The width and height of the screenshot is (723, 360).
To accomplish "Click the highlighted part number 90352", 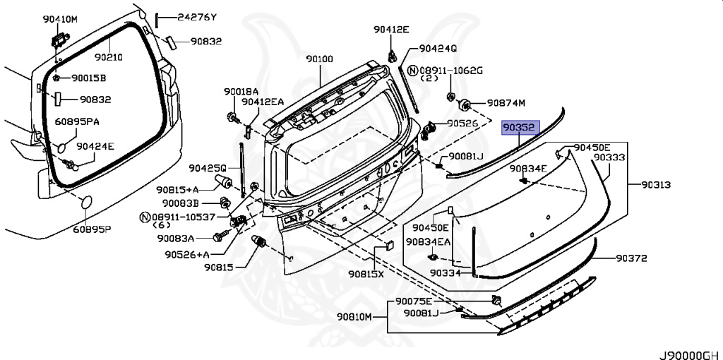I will (x=520, y=128).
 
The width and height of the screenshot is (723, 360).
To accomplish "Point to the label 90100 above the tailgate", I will (x=319, y=59).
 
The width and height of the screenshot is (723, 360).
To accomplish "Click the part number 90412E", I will (x=392, y=29).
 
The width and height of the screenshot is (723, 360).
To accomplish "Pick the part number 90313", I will (x=656, y=185).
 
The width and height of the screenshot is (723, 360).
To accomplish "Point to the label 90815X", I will (x=366, y=274).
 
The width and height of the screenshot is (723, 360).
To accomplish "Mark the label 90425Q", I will (x=207, y=168).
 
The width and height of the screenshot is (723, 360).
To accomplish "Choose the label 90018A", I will (x=241, y=91).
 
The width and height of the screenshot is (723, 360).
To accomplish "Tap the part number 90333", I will (x=609, y=157).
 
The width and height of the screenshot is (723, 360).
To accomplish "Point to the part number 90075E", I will (x=414, y=301).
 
